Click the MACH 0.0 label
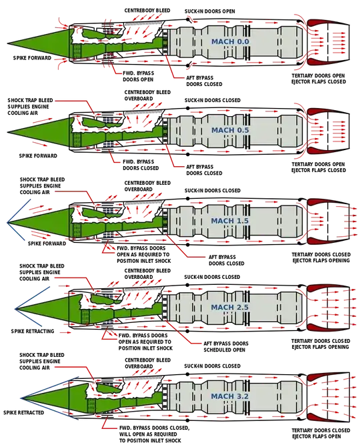(230, 42)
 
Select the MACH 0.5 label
(230, 130)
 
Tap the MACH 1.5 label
(230, 221)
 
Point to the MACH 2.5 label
(230, 307)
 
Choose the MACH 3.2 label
(230, 396)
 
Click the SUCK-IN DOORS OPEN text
(209, 11)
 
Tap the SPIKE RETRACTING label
(33, 331)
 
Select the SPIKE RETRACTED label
(24, 412)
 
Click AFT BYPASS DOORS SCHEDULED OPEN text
(226, 346)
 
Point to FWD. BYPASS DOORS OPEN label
(139, 76)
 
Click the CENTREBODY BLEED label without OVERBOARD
(147, 11)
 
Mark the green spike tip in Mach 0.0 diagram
(7, 44)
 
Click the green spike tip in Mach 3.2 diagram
(21, 398)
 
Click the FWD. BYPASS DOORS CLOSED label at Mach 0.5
(141, 165)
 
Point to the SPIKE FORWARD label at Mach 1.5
(47, 244)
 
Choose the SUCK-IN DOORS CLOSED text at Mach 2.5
(212, 277)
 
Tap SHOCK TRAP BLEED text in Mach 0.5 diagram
(31, 100)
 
